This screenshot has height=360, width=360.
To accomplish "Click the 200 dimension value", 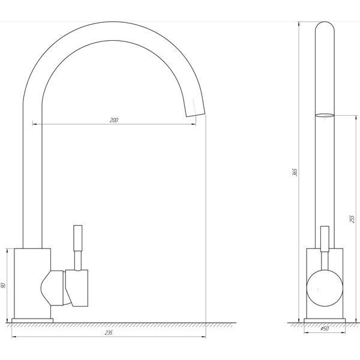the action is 114,120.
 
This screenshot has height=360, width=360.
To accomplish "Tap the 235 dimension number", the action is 109,332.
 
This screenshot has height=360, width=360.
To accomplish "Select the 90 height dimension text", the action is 3,286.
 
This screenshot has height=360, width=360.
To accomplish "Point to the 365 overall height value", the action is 295,172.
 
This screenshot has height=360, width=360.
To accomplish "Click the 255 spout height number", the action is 352,219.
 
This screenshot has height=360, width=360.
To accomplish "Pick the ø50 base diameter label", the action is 325,329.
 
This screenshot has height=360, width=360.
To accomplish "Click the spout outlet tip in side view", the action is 195,115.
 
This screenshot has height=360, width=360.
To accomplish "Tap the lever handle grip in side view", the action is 78,238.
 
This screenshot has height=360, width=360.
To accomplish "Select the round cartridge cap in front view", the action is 325,288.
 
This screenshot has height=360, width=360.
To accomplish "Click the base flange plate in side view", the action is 32,320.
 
